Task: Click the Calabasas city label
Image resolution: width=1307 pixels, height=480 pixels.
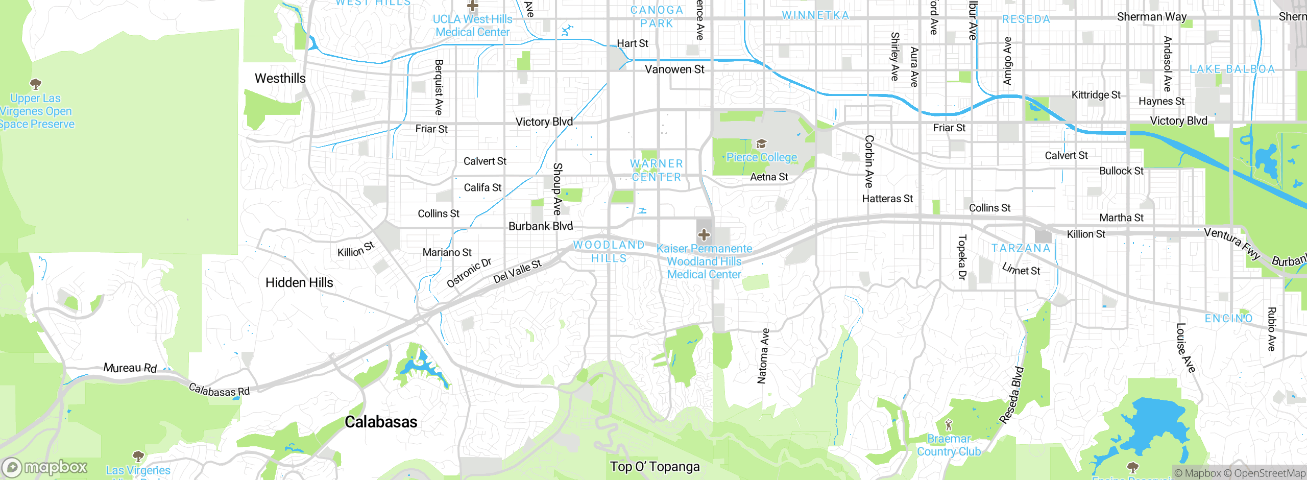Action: (x=381, y=422)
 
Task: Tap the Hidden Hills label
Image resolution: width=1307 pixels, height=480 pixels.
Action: (x=299, y=282)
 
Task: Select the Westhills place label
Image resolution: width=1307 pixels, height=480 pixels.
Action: (x=280, y=78)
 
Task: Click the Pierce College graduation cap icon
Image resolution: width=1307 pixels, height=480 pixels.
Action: (x=761, y=143)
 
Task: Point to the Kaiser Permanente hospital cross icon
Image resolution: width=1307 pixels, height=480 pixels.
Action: (x=704, y=234)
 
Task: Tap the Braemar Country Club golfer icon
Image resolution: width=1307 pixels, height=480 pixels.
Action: (x=949, y=425)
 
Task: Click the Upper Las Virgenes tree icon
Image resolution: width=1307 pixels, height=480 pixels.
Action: (x=36, y=83)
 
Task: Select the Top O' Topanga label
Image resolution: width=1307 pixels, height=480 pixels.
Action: (x=655, y=467)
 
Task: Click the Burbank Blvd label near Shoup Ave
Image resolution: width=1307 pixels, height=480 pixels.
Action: (x=541, y=226)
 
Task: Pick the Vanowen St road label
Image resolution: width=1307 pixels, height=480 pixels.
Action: (x=674, y=69)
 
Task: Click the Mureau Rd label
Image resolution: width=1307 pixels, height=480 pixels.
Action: (x=130, y=368)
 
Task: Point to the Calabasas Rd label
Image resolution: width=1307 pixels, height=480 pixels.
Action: (x=219, y=391)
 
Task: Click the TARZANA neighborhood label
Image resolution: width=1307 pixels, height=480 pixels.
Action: (x=1021, y=248)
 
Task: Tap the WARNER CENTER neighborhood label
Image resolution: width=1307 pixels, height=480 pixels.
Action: (x=657, y=170)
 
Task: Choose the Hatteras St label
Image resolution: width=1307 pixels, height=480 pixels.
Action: (x=887, y=199)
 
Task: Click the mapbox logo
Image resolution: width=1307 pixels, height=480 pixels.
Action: (x=45, y=467)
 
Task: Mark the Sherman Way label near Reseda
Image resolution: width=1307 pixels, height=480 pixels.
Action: (x=1151, y=17)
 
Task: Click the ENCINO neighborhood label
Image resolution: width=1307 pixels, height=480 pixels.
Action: (x=1228, y=319)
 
